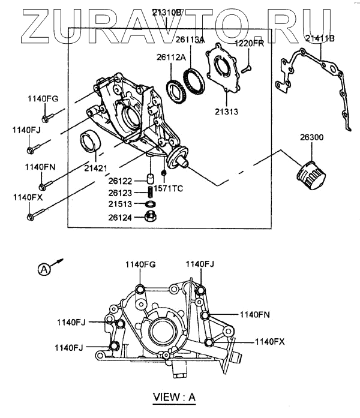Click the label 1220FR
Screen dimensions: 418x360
click(249, 43)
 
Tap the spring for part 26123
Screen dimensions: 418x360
click(151, 193)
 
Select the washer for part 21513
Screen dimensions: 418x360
click(151, 205)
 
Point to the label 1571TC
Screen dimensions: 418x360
click(168, 188)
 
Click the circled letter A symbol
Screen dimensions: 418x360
click(44, 269)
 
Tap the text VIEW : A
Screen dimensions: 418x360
click(175, 397)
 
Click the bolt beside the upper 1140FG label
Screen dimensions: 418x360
click(46, 115)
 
